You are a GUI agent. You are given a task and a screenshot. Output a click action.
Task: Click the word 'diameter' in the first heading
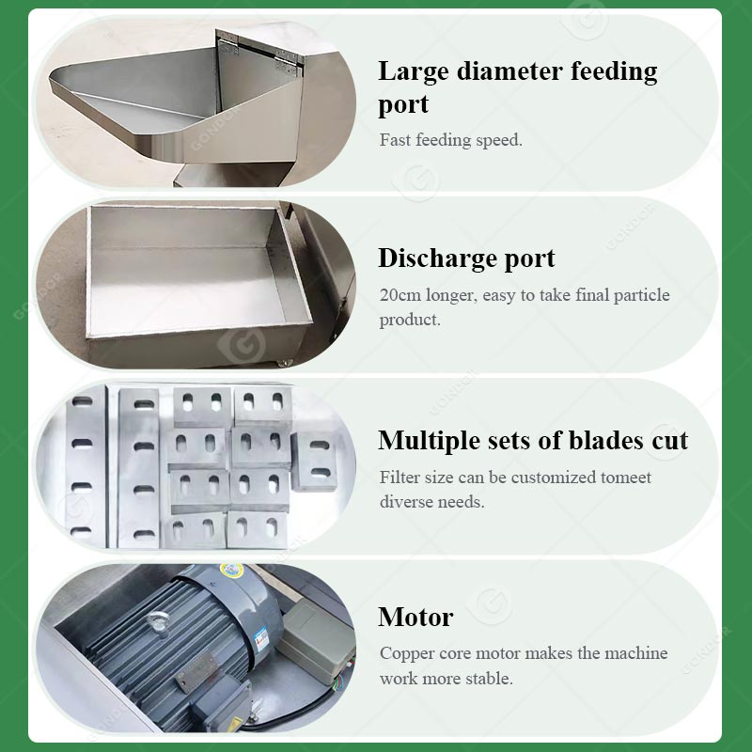[509, 71]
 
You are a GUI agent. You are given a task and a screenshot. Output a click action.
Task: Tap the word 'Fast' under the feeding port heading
[395, 140]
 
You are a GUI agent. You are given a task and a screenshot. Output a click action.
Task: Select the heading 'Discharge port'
[466, 259]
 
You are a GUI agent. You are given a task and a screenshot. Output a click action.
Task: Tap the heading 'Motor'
[415, 618]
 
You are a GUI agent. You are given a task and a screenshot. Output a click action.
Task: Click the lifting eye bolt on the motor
[159, 622]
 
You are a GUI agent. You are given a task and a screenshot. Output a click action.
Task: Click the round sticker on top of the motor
[231, 571]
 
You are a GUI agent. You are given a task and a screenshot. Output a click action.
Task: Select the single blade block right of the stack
[315, 462]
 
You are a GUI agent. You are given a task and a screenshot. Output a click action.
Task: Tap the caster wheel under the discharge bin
[285, 363]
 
